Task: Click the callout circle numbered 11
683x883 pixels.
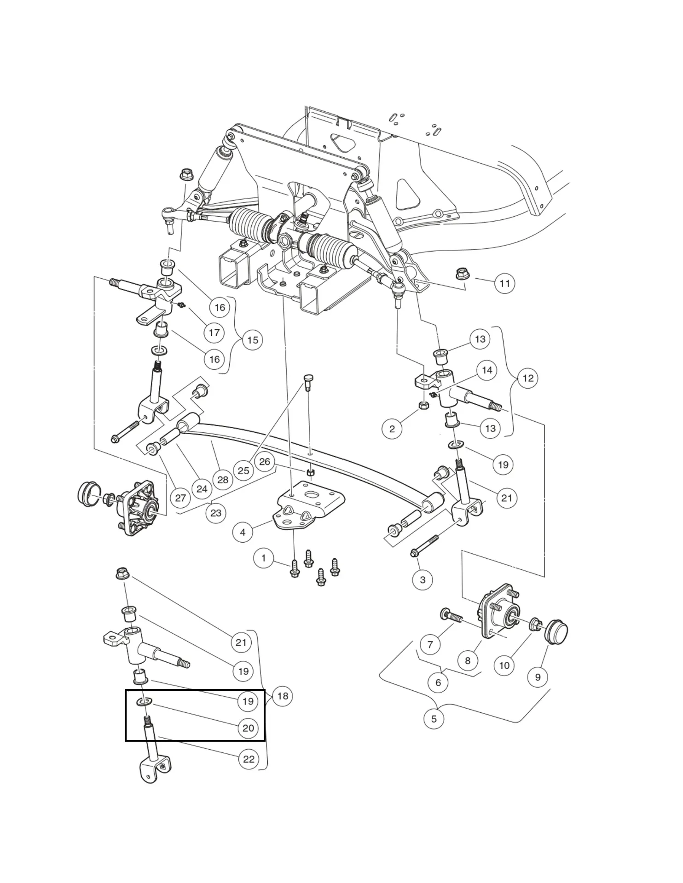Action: pyautogui.click(x=504, y=283)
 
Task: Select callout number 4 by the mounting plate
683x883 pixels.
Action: pyautogui.click(x=243, y=533)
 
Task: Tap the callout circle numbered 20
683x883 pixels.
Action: pyautogui.click(x=248, y=728)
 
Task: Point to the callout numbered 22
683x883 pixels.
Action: pyautogui.click(x=249, y=759)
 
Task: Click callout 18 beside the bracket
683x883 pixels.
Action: pyautogui.click(x=283, y=696)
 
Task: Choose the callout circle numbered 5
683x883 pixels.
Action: pyautogui.click(x=434, y=718)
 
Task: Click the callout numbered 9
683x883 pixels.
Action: pyautogui.click(x=538, y=677)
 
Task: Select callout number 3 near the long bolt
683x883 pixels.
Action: pyautogui.click(x=423, y=580)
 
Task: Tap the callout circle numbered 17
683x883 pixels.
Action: pyautogui.click(x=214, y=333)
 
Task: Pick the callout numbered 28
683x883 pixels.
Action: pyautogui.click(x=223, y=480)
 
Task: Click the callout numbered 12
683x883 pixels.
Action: pyautogui.click(x=528, y=378)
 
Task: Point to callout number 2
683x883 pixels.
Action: pyautogui.click(x=392, y=429)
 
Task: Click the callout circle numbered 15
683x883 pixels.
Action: pyautogui.click(x=253, y=340)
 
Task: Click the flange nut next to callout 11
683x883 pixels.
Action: pyautogui.click(x=462, y=274)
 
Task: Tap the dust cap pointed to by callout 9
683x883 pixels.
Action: pyautogui.click(x=556, y=632)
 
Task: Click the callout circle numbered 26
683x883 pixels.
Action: pyautogui.click(x=265, y=461)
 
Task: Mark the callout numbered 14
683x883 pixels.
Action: pyautogui.click(x=487, y=370)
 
